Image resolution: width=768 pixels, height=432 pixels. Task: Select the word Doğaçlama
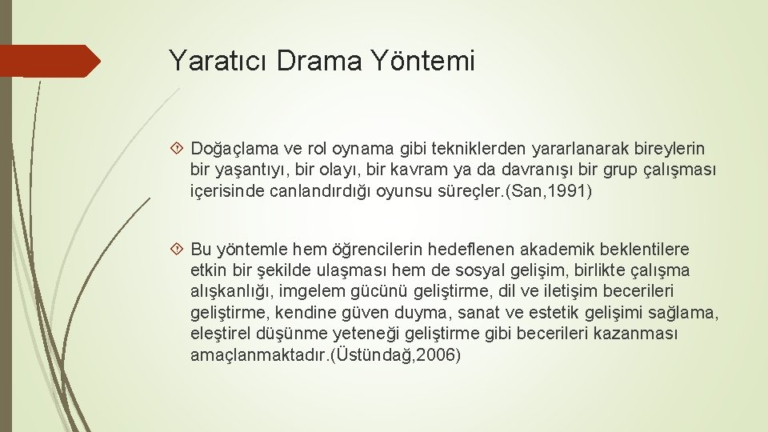pyautogui.click(x=231, y=149)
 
